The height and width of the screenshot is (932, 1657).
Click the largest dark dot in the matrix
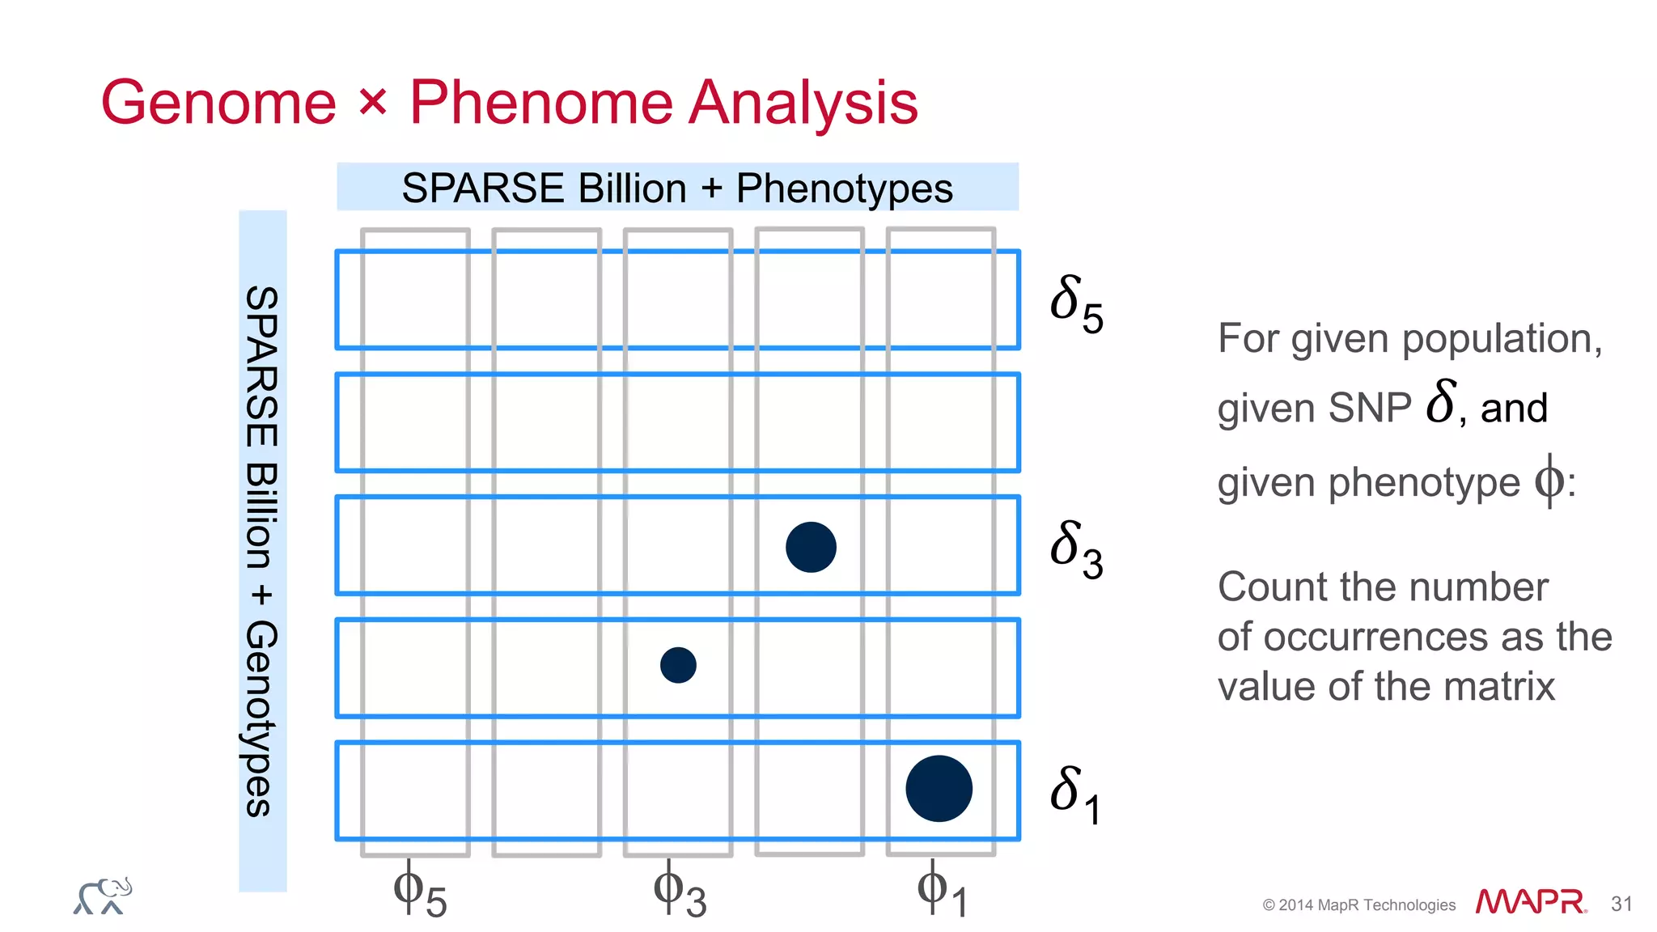[x=939, y=789]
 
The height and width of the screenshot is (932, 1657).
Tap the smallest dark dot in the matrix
[x=678, y=665]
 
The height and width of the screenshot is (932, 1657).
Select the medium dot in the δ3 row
[x=811, y=548]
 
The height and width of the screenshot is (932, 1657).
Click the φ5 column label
[x=419, y=891]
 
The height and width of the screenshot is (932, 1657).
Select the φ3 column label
[x=680, y=891]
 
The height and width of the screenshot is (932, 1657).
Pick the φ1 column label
[x=942, y=891]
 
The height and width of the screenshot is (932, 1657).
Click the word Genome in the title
[x=218, y=103]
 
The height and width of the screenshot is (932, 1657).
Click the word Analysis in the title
[x=803, y=103]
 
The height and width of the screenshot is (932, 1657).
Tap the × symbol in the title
[x=373, y=103]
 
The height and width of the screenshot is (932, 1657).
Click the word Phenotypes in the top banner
[x=844, y=189]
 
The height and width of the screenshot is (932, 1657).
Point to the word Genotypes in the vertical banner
[x=262, y=718]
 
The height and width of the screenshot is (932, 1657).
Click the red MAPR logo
[x=1530, y=902]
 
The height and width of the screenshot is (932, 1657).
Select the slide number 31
[x=1621, y=904]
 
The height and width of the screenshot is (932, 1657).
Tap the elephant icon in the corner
[x=103, y=896]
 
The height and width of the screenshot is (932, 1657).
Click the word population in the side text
[x=1501, y=339]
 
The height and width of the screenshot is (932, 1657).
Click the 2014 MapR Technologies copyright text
[x=1359, y=905]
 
